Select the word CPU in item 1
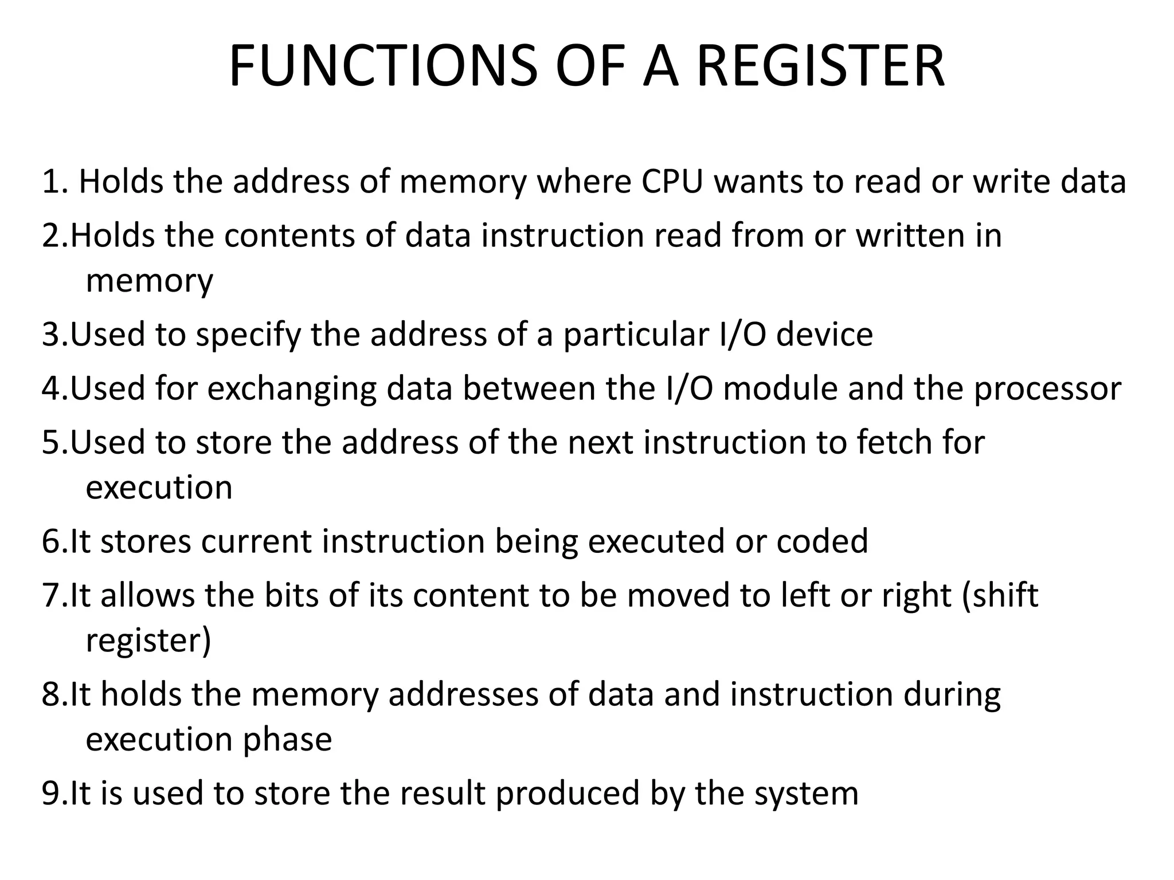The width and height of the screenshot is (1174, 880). (671, 182)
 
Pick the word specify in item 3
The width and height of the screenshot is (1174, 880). (248, 335)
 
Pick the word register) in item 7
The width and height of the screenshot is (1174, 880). (148, 641)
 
